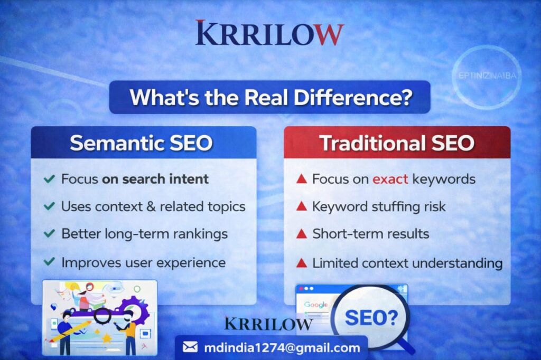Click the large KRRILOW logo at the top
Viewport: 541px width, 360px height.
(269, 33)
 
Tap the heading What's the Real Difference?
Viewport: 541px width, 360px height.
(271, 97)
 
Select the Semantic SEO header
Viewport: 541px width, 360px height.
(141, 143)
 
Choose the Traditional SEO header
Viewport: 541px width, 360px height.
(397, 143)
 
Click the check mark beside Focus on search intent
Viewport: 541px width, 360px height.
(49, 178)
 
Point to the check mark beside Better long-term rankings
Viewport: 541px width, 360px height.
(49, 233)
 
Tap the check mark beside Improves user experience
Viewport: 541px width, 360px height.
(49, 261)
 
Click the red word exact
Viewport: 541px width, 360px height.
(390, 179)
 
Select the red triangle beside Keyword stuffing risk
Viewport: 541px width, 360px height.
(302, 206)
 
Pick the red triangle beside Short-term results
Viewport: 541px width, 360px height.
(302, 233)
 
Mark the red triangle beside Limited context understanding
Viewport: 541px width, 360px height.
(302, 263)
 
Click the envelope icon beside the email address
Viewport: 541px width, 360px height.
(190, 347)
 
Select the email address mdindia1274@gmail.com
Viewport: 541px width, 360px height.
(282, 347)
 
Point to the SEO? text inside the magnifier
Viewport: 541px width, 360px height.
(371, 318)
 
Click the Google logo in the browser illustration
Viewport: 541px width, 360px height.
(316, 305)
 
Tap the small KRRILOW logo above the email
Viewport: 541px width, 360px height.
(268, 324)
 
